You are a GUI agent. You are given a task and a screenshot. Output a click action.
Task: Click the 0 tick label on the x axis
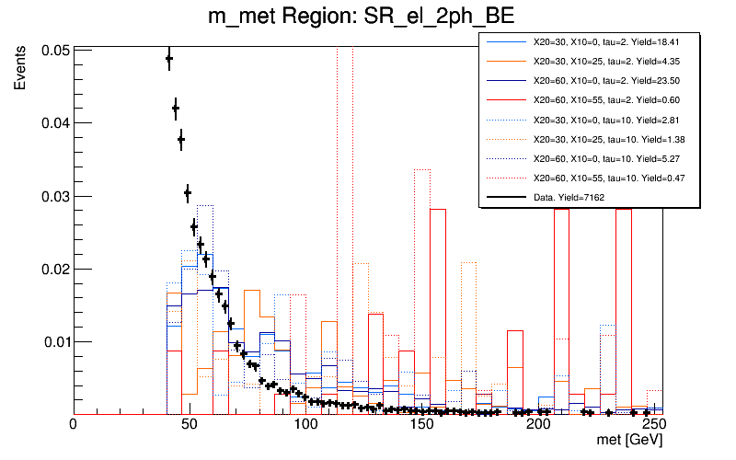73,425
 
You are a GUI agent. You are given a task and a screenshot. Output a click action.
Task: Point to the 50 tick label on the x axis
189,425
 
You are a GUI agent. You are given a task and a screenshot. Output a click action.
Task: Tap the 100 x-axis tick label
305,425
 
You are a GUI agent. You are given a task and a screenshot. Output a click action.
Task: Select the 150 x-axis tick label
422,425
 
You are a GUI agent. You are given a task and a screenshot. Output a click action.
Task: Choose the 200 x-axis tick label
538,425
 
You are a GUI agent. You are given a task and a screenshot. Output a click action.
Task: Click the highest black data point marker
169,59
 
